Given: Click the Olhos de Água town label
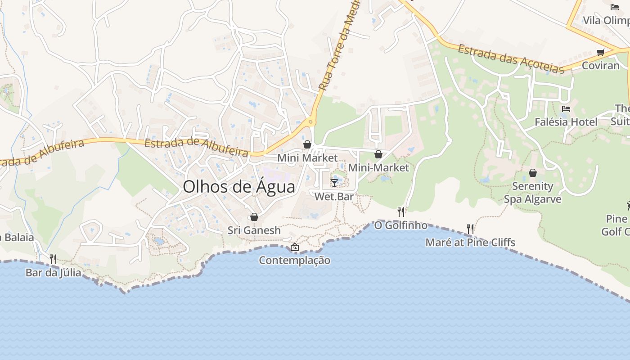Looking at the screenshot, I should [239, 187].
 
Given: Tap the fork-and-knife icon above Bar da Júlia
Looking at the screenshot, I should [53, 259].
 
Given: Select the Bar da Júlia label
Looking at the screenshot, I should [53, 273].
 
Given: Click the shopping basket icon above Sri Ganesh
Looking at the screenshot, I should [254, 217].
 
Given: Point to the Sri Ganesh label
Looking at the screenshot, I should [254, 230].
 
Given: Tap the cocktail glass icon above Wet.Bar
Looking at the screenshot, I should [334, 183].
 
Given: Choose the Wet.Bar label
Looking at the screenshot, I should [334, 197].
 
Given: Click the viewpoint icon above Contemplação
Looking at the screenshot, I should [295, 247].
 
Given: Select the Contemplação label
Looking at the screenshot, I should [295, 261].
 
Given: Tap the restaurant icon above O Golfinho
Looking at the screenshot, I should [401, 211].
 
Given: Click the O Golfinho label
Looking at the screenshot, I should [401, 225].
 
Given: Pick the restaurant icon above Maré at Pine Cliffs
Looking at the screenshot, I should [470, 229].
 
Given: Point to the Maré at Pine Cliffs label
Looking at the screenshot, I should [470, 243].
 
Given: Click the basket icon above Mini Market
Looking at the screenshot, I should [307, 144].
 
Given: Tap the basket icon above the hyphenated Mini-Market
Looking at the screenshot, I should [378, 154].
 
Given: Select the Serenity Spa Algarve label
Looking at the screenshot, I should [533, 193].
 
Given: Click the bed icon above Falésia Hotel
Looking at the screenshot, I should [566, 109].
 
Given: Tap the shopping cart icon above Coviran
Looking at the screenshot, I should [600, 52].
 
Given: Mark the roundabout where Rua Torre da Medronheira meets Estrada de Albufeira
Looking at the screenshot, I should [310, 122].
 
